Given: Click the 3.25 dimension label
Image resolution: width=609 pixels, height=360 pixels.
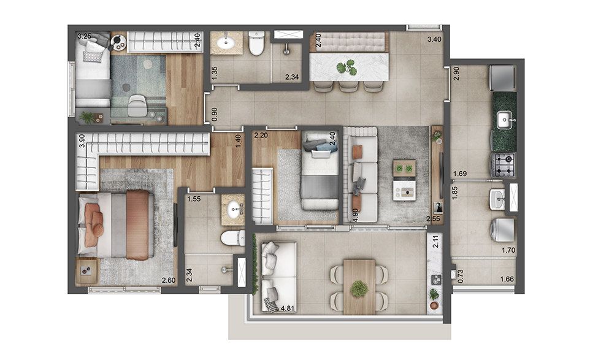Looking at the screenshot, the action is coord(84,36).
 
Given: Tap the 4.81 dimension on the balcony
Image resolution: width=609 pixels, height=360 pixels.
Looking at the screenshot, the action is coord(288,308).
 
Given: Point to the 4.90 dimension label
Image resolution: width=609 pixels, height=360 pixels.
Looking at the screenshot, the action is coord(354,215).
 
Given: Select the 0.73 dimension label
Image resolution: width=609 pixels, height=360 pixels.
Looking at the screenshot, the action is coord(460,276).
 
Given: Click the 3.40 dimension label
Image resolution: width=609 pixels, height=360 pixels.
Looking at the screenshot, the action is coord(434,39).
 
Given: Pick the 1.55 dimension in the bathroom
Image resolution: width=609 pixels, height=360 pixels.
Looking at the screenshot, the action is coord(194,199).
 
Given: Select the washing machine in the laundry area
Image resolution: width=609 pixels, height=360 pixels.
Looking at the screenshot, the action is coord(502,230).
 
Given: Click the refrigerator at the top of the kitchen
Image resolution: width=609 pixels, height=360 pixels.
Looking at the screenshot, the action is coord(502,78).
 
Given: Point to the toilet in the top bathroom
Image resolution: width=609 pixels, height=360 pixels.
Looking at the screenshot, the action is coord(256,43).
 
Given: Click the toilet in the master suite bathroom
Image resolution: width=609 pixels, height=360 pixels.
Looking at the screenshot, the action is coord(233,238).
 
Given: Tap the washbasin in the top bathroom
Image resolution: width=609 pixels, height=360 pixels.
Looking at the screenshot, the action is coord(226,42).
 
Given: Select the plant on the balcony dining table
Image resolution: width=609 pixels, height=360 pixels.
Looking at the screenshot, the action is coord(359,289).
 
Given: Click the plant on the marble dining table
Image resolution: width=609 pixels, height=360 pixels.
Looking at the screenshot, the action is coord(347,67).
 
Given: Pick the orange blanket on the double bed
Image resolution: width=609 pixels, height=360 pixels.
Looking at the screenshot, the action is coord(137,224).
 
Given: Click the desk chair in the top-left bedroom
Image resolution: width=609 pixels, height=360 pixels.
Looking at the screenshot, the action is coord(137,105).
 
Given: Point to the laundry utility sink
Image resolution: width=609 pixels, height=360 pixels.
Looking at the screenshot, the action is coord(498,199).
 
